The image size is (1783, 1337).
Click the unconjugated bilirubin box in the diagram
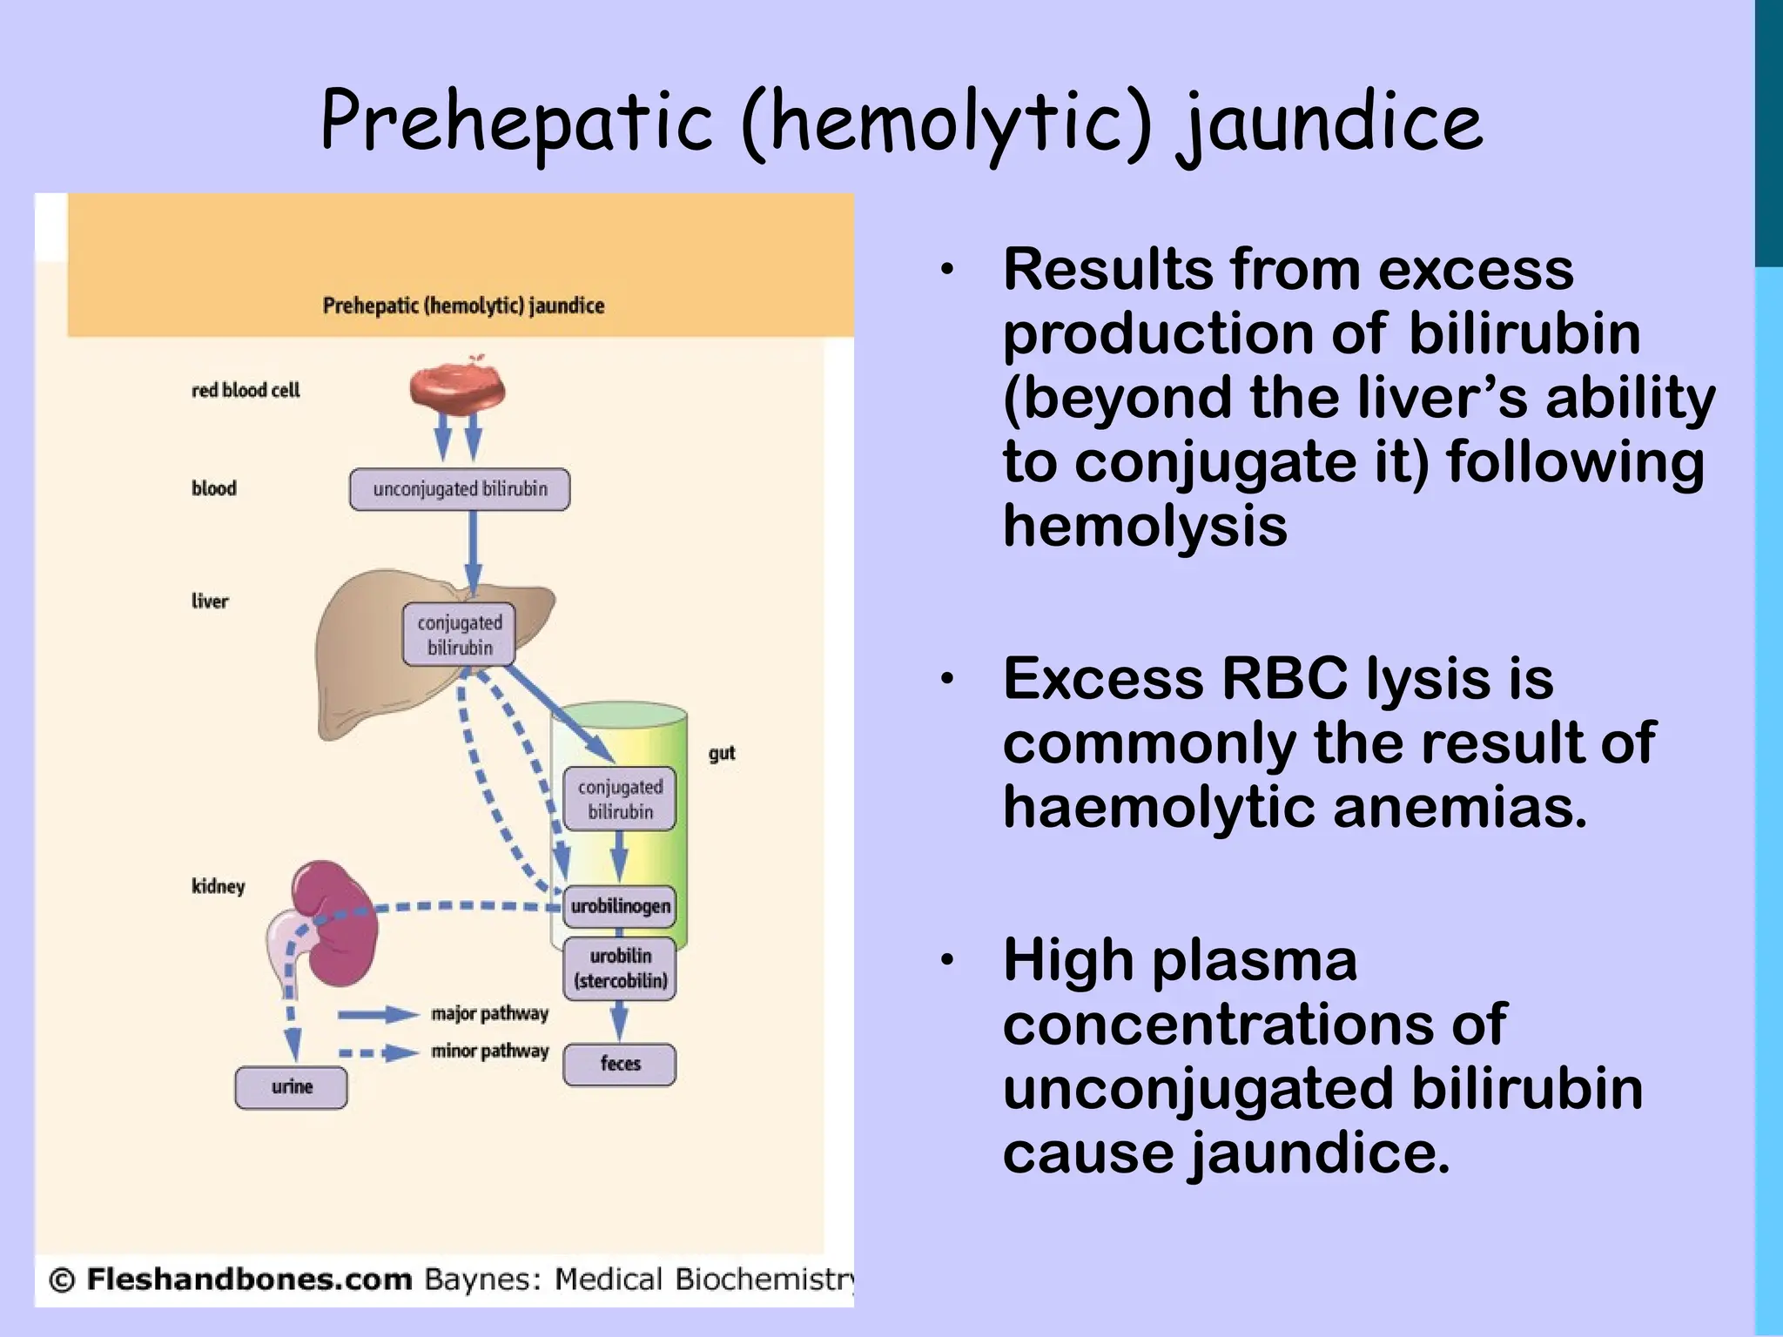pyautogui.click(x=460, y=489)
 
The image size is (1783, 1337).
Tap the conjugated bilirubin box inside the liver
pyautogui.click(x=459, y=635)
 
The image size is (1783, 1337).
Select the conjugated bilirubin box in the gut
pyautogui.click(x=619, y=799)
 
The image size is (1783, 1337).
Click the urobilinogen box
pyautogui.click(x=620, y=906)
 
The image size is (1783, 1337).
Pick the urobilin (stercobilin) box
pyautogui.click(x=620, y=968)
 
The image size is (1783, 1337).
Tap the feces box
pyautogui.click(x=619, y=1064)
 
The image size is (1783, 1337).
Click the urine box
pyautogui.click(x=291, y=1087)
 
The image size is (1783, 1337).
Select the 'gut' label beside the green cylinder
pyautogui.click(x=722, y=753)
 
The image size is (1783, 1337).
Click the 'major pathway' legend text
pyautogui.click(x=489, y=1014)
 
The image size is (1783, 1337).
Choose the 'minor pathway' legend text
pyautogui.click(x=489, y=1051)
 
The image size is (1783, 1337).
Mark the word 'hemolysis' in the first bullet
pyautogui.click(x=1144, y=526)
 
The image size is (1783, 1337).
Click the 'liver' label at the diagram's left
pyautogui.click(x=210, y=601)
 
